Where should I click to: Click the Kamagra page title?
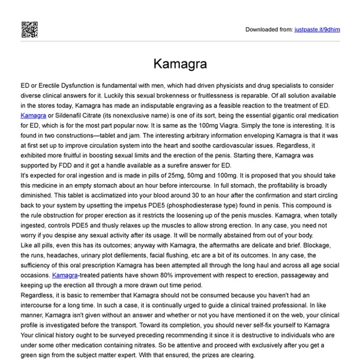pyautogui.click(x=179, y=63)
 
